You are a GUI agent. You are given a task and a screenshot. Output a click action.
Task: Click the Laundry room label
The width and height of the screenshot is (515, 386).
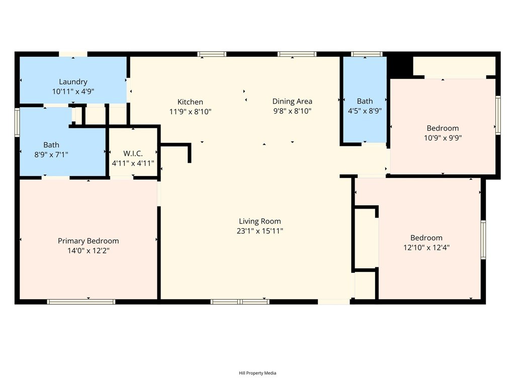[x=73, y=81]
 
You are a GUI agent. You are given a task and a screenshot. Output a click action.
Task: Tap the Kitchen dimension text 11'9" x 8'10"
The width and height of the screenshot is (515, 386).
[x=190, y=112]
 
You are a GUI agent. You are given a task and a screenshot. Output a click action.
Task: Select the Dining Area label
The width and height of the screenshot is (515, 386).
[x=292, y=101]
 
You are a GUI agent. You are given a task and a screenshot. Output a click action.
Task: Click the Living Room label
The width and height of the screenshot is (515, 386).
[x=260, y=221]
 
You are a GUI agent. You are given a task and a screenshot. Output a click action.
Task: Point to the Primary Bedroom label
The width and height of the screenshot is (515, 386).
[x=88, y=241]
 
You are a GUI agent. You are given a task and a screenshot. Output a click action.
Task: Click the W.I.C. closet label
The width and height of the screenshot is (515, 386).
[x=133, y=153]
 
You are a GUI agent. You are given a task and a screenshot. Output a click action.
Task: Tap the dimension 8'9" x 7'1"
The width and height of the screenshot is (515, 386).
[x=51, y=154]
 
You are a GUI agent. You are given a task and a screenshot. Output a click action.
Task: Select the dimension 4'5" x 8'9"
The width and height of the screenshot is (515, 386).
[x=365, y=111]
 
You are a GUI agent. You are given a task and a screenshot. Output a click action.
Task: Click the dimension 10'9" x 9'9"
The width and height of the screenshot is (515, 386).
[x=443, y=138]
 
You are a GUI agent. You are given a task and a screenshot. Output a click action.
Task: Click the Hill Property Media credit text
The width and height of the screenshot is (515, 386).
[x=257, y=373]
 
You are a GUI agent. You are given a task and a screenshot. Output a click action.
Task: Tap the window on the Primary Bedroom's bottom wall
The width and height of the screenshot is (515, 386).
[x=81, y=302]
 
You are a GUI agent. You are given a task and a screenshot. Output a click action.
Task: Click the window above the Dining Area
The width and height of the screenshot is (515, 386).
[x=297, y=54]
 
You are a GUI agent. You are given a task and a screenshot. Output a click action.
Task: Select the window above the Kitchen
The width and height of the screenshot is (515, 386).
[x=212, y=54]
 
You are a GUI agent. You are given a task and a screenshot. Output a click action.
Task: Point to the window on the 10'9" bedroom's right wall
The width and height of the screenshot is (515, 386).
[x=498, y=116]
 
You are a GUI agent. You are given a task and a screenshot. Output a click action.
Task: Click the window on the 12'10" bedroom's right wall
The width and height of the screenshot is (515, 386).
[x=483, y=240]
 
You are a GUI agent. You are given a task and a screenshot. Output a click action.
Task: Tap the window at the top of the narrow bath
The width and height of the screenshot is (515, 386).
[x=367, y=54]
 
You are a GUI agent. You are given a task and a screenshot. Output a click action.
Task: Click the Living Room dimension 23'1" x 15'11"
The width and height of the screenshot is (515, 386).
[x=260, y=231]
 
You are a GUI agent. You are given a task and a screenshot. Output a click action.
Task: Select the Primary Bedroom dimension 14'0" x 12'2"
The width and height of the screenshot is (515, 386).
[x=88, y=250]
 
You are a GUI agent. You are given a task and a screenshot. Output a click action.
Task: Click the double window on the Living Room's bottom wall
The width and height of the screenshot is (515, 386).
[x=240, y=302]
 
